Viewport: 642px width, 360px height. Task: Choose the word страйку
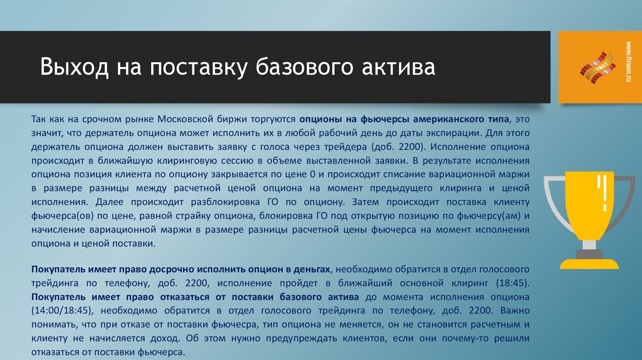[x=211, y=216]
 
